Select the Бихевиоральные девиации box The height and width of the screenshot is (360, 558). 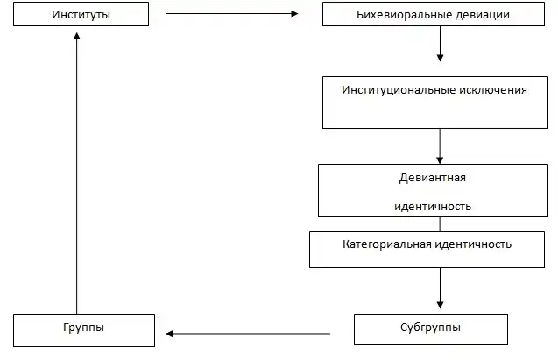[x=439, y=15]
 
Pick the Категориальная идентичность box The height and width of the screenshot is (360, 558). [x=427, y=248]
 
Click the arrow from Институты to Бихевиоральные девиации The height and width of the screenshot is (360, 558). [x=231, y=14]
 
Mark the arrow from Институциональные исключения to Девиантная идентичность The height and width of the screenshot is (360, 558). [x=440, y=145]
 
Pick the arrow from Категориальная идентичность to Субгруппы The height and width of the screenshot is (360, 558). [x=440, y=285]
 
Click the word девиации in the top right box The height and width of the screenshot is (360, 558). [x=500, y=15]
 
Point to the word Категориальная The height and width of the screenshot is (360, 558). [x=382, y=243]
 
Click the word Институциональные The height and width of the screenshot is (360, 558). [x=402, y=90]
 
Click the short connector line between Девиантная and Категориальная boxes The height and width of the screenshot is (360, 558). [x=440, y=223]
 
